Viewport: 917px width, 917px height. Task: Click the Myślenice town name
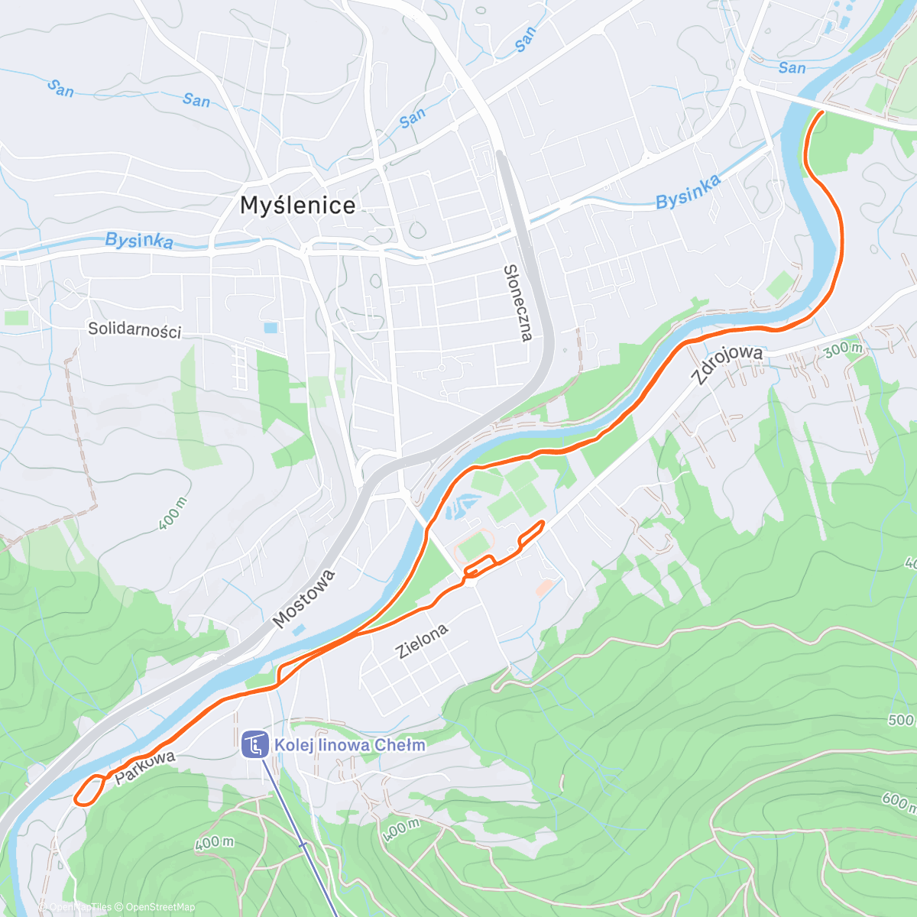click(297, 205)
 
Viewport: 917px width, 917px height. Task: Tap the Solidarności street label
click(134, 330)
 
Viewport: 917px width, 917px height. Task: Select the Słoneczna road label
click(517, 303)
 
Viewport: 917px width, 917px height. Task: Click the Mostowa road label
click(304, 599)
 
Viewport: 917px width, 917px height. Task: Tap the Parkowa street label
click(145, 768)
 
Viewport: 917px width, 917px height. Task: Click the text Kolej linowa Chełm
click(349, 745)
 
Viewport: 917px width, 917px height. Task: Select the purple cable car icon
click(254, 744)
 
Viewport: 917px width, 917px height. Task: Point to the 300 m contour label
click(844, 350)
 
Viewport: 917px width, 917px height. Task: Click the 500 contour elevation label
click(900, 720)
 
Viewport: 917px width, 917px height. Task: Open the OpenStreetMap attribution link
click(160, 907)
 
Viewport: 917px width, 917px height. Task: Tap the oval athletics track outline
click(474, 547)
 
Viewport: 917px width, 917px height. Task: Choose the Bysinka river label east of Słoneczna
click(688, 191)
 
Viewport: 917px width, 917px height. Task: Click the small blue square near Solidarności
click(271, 328)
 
